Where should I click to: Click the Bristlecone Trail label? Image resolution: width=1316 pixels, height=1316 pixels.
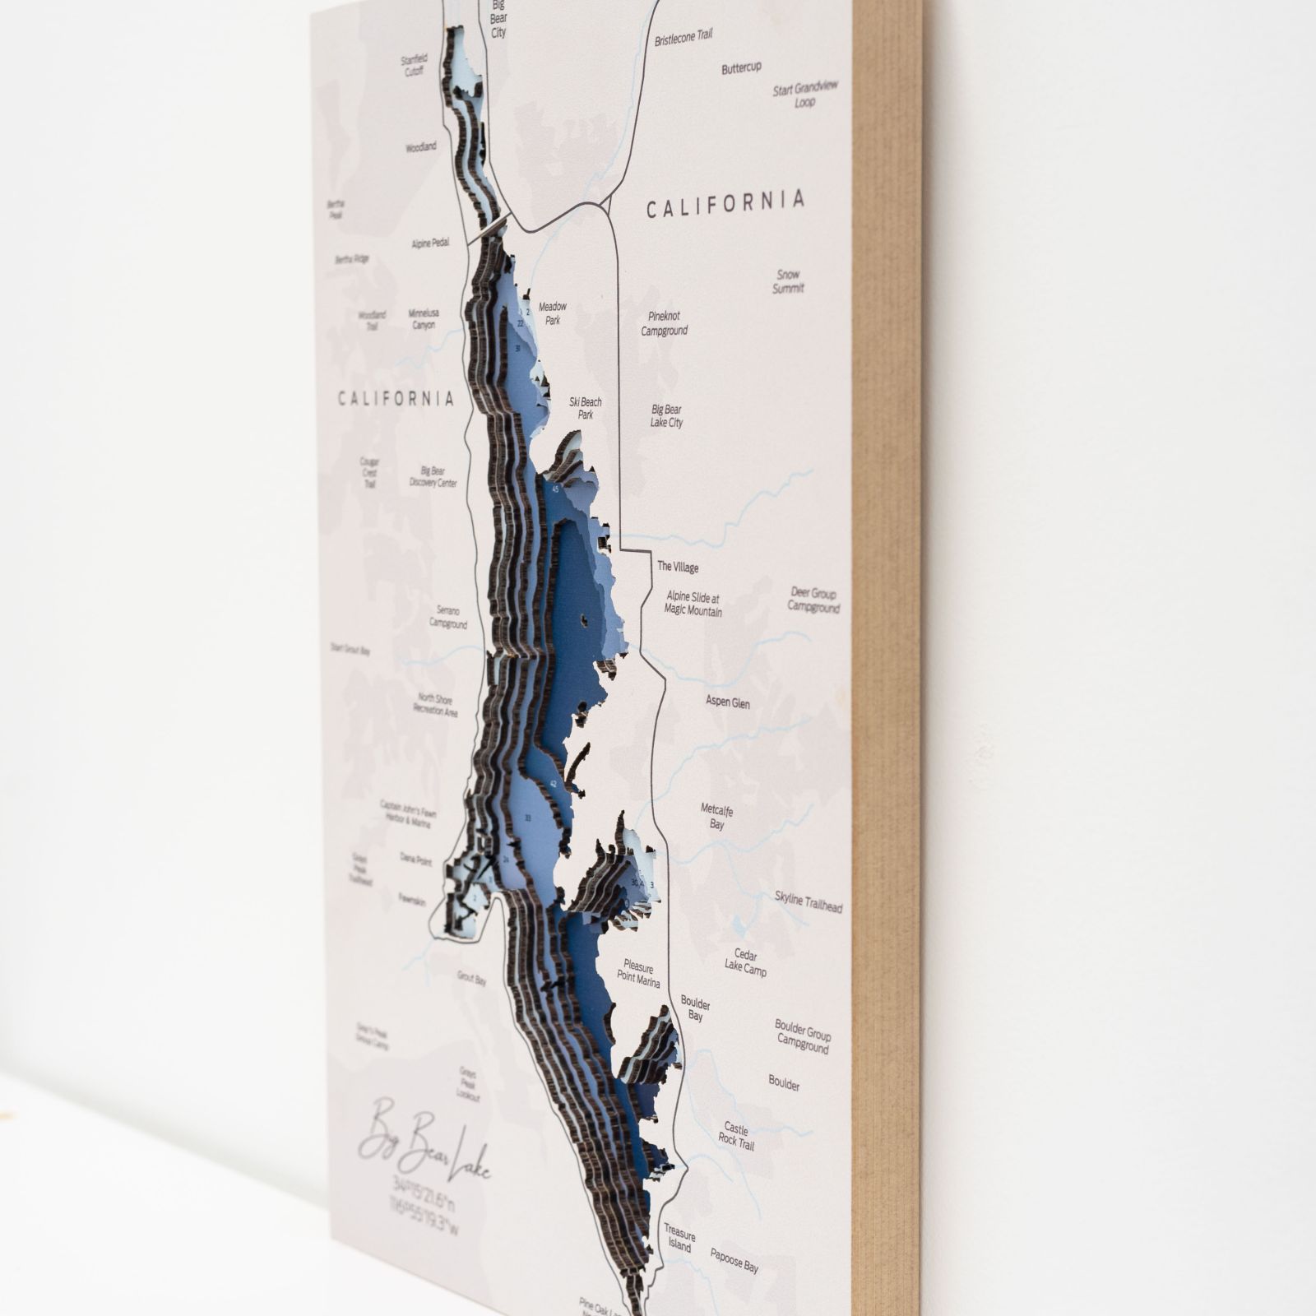click(x=683, y=37)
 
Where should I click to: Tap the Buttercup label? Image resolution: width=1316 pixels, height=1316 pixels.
click(x=741, y=68)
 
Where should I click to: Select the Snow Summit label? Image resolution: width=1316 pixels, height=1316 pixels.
click(x=788, y=281)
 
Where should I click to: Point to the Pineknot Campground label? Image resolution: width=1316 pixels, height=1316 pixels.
click(x=664, y=323)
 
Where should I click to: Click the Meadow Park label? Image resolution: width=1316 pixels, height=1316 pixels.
click(x=553, y=313)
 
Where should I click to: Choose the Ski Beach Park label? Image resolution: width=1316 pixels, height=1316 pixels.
click(x=586, y=408)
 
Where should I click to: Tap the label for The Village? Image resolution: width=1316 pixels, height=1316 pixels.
click(x=678, y=567)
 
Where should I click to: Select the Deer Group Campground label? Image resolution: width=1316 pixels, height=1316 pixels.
click(x=813, y=600)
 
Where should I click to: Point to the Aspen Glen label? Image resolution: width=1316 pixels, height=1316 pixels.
click(x=728, y=702)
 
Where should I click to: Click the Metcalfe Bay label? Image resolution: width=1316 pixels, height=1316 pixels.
click(x=716, y=817)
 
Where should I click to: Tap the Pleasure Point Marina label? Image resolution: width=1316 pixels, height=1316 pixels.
click(x=638, y=972)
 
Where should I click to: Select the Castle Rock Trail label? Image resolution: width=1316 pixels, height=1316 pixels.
click(x=736, y=1136)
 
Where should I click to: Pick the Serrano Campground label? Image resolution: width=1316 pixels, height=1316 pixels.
click(x=448, y=618)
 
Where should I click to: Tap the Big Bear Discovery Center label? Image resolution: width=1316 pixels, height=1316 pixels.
click(x=433, y=477)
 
